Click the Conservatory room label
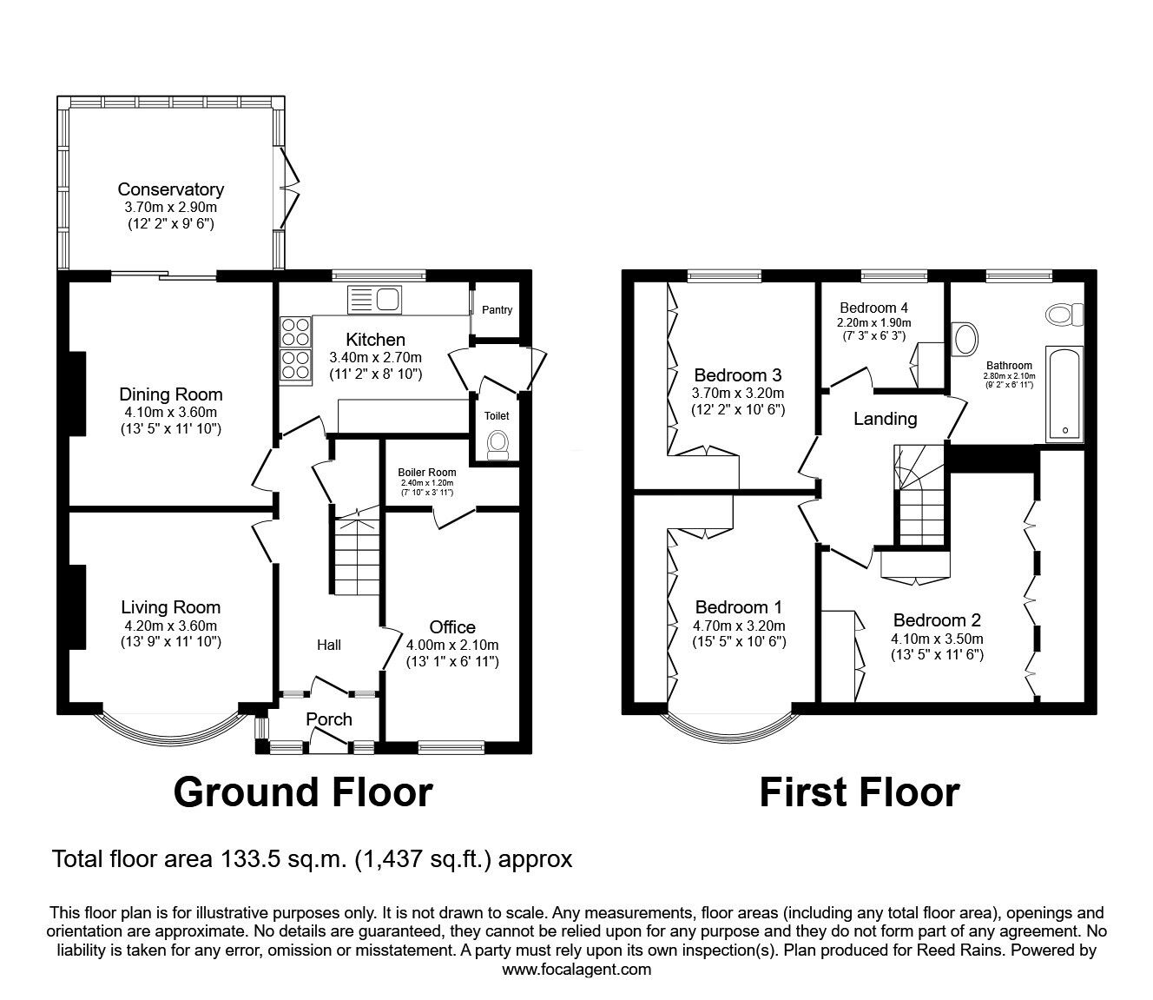pos(171,189)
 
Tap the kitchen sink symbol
pos(375,299)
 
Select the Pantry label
pos(497,310)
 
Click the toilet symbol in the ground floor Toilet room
pos(497,445)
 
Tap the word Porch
pos(329,719)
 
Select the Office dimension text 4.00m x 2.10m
pos(452,645)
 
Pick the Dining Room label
pos(171,394)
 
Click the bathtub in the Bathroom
pos(1064,394)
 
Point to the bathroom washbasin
pos(964,340)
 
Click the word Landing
pos(885,419)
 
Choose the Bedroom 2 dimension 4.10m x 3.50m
pos(937,639)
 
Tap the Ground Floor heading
pos(303,792)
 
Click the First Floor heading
pos(859,792)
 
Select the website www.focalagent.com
pos(576,970)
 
